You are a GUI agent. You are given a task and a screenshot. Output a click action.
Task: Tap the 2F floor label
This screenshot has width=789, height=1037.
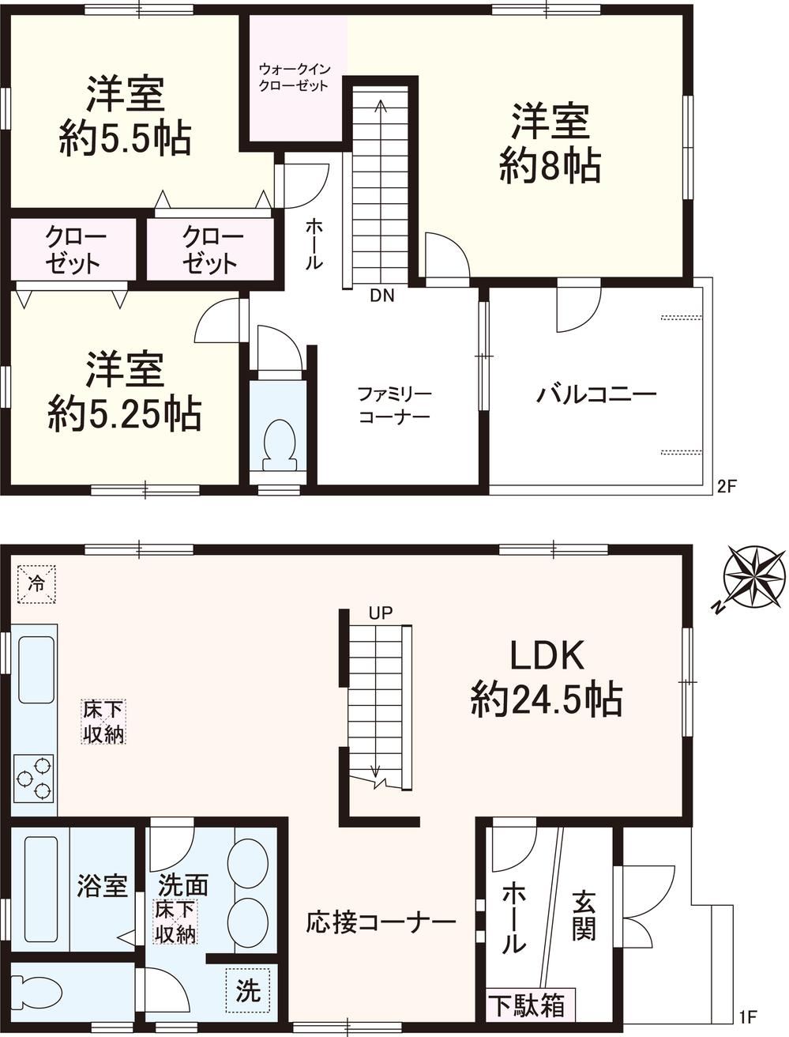coord(727,487)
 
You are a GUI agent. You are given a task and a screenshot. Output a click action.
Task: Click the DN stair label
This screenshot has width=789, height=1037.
coord(381,296)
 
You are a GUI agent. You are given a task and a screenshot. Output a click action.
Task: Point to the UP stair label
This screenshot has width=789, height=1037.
coord(381,613)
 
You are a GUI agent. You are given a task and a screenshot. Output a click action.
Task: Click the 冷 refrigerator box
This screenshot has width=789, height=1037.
coord(37,584)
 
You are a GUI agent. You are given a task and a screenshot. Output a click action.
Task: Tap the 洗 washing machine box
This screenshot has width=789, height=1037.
coord(248,990)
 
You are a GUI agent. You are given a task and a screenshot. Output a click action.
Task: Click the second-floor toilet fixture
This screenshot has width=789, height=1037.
coord(280,445)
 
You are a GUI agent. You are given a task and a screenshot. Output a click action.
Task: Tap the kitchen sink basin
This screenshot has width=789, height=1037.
coord(36,669)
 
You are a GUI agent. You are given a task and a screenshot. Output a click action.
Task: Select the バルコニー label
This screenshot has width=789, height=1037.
coord(596,394)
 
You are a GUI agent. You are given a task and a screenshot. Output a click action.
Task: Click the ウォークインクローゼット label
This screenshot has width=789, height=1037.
coord(295,77)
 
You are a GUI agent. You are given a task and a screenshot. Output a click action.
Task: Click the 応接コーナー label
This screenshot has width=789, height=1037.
coord(381,922)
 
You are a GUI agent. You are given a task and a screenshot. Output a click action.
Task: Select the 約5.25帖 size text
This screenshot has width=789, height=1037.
coord(125,414)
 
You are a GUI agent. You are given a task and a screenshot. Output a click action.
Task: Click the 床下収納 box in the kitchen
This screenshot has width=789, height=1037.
coord(103,722)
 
